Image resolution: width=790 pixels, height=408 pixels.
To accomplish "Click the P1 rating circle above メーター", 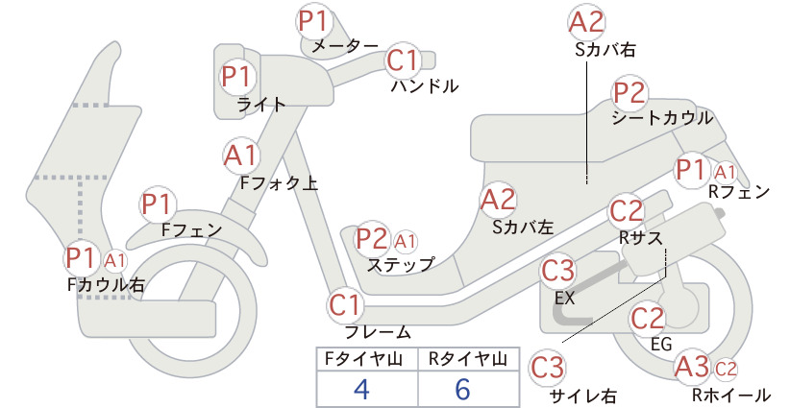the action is coord(313,21).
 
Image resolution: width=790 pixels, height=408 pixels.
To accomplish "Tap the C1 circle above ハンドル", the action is coord(404,60).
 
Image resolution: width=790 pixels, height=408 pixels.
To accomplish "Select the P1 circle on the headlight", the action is coord(236,77).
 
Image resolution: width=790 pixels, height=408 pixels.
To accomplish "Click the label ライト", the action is coord(261,105).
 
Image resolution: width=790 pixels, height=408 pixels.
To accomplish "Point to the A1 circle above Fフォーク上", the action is coord(241,156).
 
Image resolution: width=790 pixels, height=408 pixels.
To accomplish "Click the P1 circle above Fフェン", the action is coord(158,204).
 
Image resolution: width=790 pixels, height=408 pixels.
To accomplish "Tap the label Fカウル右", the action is coord(106,285).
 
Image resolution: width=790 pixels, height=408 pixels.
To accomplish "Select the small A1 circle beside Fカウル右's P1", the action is coord(115,260).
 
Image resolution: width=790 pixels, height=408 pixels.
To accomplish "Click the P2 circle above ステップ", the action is coord(372,239).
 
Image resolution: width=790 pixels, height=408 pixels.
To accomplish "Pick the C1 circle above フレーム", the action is coord(346,305).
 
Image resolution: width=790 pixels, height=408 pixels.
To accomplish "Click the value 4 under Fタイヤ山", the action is coord(362,389).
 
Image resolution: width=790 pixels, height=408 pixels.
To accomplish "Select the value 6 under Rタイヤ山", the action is coord(463,389).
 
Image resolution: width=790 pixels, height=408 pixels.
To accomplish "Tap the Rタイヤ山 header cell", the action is coord(469,359).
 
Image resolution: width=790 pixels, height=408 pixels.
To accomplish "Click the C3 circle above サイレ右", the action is coord(547,369).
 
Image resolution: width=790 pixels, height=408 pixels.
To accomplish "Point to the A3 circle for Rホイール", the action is coord(692,367).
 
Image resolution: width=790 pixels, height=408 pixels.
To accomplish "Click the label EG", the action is coord(661,344).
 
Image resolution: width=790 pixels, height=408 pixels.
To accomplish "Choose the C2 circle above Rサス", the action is coord(627,211).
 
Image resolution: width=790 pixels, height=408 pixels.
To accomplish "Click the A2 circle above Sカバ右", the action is coord(586,23).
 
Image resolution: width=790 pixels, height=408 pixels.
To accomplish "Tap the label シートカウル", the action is coord(662,118).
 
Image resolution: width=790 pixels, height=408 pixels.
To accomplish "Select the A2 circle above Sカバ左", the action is coord(498,200).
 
